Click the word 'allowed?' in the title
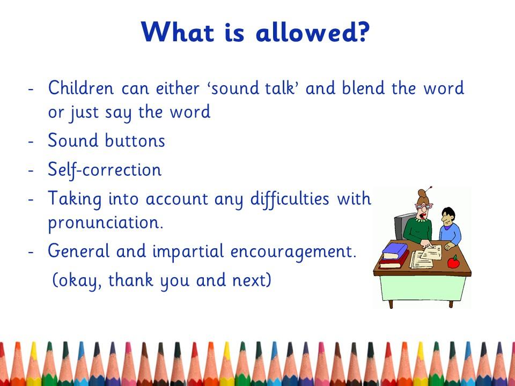(x=313, y=32)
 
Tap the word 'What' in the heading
(x=178, y=32)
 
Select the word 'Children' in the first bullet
(x=81, y=88)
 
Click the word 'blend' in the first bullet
(x=363, y=88)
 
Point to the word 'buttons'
(x=135, y=140)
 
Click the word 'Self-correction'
(x=105, y=170)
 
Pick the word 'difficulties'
(x=290, y=198)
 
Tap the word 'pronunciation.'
(x=106, y=222)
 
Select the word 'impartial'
(x=188, y=251)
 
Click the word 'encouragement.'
(x=293, y=251)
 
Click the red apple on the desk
(x=454, y=262)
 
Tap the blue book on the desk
(x=395, y=251)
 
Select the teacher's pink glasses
(x=424, y=206)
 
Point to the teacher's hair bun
(x=422, y=194)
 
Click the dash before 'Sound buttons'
(x=31, y=142)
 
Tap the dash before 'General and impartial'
(x=31, y=252)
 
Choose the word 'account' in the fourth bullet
(x=176, y=199)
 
